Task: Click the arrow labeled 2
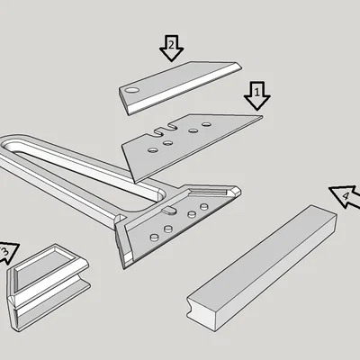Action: click(x=171, y=47)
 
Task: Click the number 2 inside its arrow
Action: click(x=171, y=43)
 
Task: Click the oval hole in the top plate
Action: click(x=132, y=92)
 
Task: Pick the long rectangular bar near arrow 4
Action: click(x=261, y=261)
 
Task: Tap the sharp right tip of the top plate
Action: click(x=241, y=63)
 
